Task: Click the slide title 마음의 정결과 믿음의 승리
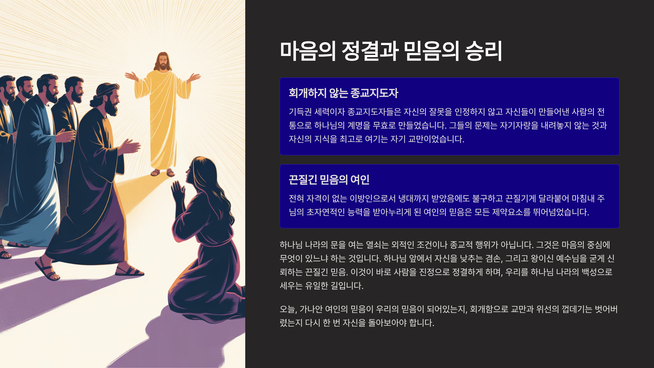pyautogui.click(x=391, y=51)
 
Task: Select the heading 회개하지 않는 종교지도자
pyautogui.click(x=343, y=93)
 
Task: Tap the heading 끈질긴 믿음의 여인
pyautogui.click(x=329, y=180)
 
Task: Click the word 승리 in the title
pyautogui.click(x=484, y=51)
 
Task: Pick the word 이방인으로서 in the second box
pyautogui.click(x=372, y=198)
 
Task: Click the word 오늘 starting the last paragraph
pyautogui.click(x=288, y=309)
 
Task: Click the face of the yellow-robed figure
pyautogui.click(x=163, y=62)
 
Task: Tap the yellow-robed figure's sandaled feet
pyautogui.click(x=163, y=173)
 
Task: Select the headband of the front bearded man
pyautogui.click(x=106, y=90)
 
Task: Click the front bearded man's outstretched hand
pyautogui.click(x=130, y=146)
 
